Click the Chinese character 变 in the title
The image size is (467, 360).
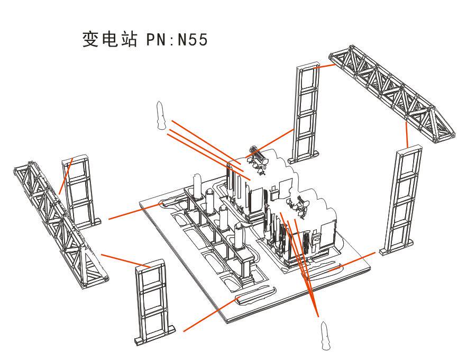coord(90,39)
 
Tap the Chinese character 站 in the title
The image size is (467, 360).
coord(129,39)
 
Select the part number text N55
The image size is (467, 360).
coord(193,40)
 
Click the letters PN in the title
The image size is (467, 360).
coord(156,40)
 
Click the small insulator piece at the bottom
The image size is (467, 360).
coord(325,336)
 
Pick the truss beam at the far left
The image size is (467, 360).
coord(61,226)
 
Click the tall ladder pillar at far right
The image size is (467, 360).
coord(399,200)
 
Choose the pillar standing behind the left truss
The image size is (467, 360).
coord(80,191)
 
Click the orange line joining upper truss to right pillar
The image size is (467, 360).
coord(407,134)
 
